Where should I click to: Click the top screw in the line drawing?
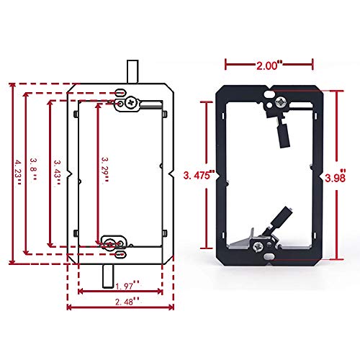pos(130,104)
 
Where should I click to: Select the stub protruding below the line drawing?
pos(108,274)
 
